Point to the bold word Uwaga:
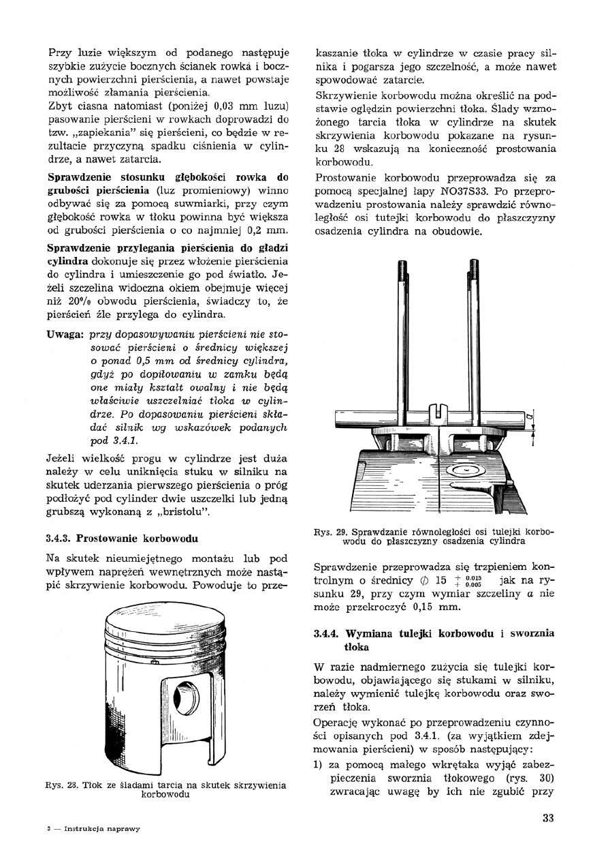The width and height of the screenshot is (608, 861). pos(65,335)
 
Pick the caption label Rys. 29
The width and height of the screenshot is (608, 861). pos(331,531)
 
